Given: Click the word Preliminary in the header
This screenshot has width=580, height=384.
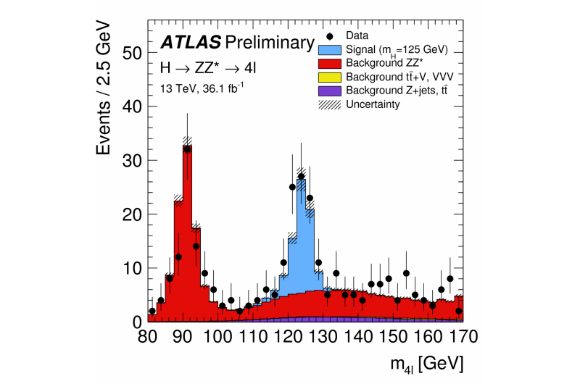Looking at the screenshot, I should point(270,42).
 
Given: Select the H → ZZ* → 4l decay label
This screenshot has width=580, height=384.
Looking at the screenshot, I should point(204,68).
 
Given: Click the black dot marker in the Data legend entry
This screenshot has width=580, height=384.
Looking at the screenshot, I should point(331,36).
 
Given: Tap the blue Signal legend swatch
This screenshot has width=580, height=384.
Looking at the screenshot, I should point(331,49).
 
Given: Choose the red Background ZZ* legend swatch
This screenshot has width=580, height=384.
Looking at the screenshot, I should point(331,63).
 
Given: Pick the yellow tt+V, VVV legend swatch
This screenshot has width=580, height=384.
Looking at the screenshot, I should point(331,77).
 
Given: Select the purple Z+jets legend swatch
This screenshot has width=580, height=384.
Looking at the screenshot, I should point(331,91).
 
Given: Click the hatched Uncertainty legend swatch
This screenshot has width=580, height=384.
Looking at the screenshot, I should point(331,104).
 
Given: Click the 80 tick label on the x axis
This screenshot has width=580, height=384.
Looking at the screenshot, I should point(148,336).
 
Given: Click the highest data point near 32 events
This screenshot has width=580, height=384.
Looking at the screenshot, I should point(187,149).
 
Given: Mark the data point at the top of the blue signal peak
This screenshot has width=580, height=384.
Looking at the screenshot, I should point(301,176).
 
